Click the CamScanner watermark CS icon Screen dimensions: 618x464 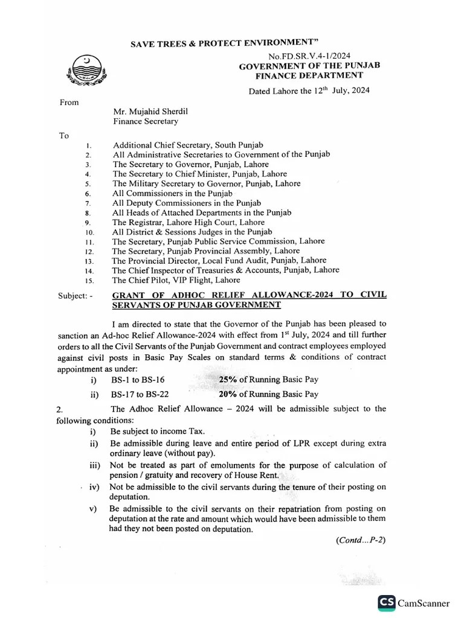387,602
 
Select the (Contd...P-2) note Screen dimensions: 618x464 361,540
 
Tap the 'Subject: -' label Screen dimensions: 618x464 76,296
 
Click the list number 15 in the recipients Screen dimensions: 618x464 89,281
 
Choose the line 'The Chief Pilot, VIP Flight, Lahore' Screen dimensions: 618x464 176,280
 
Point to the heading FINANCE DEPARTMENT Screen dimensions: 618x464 309,76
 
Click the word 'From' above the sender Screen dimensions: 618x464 69,102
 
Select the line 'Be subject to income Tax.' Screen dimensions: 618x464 158,432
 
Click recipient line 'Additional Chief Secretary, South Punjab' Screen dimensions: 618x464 188,145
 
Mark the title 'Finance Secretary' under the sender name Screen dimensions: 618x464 146,121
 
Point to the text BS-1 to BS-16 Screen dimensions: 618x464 138,380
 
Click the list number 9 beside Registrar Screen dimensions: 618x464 88,223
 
